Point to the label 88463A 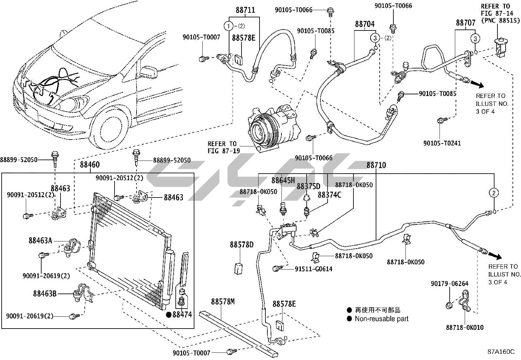(x=40, y=240)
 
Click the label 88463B (x=45, y=294)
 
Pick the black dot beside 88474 (x=169, y=315)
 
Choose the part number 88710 (x=376, y=165)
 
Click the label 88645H (x=283, y=180)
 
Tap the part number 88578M (x=223, y=301)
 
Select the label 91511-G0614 (x=313, y=269)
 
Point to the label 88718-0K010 (x=464, y=327)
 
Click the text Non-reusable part (x=382, y=319)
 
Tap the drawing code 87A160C (x=501, y=352)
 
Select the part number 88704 (x=365, y=24)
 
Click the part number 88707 (x=466, y=23)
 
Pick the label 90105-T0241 (x=442, y=143)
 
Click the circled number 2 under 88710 (x=494, y=193)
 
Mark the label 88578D (x=242, y=245)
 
